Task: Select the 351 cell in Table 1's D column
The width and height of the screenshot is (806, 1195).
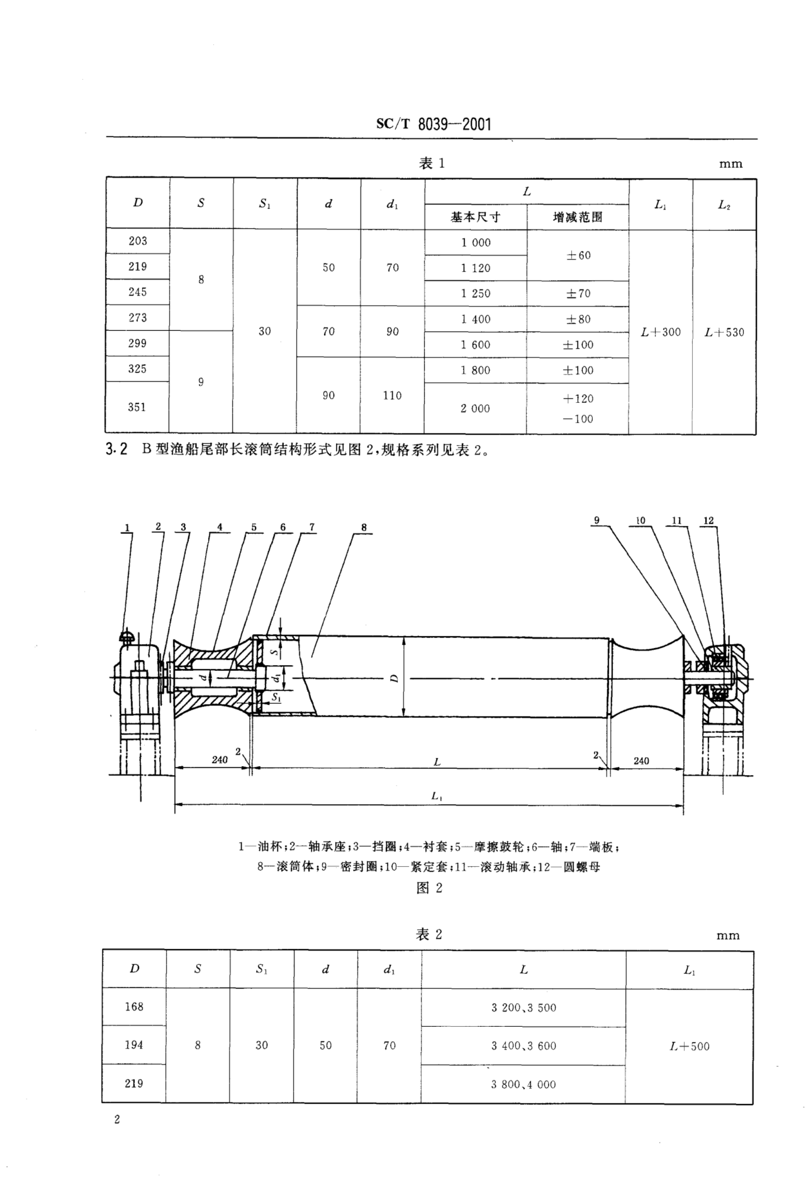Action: pyautogui.click(x=137, y=407)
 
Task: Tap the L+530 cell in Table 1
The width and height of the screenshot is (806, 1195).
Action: pyautogui.click(x=724, y=332)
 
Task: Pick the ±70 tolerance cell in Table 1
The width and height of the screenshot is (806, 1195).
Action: pyautogui.click(x=578, y=294)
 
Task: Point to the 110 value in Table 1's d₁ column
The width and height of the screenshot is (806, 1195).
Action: pyautogui.click(x=392, y=395)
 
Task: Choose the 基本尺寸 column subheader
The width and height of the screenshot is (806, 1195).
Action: pyautogui.click(x=476, y=217)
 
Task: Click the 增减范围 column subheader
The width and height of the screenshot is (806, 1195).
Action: pyautogui.click(x=578, y=217)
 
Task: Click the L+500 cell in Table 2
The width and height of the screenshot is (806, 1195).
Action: pyautogui.click(x=689, y=1046)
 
